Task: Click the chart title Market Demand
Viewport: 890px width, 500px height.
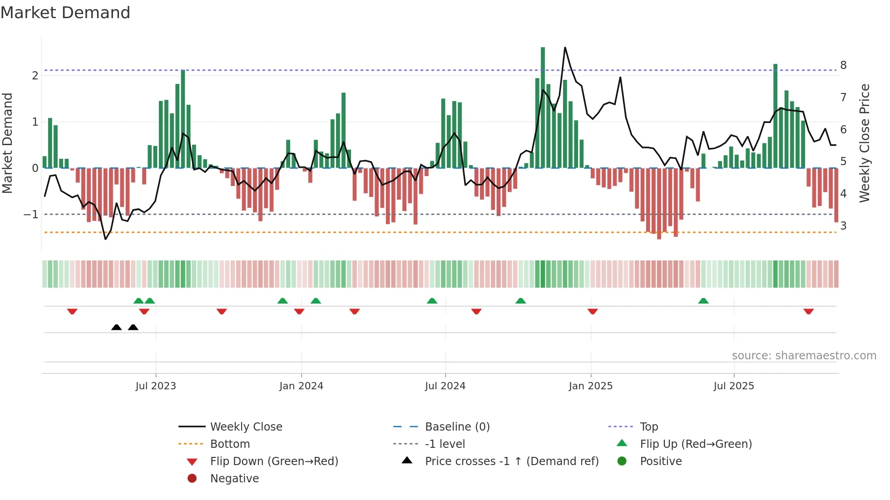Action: click(65, 13)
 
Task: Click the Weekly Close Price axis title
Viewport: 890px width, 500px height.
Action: click(865, 143)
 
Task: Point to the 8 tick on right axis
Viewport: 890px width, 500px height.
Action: click(843, 65)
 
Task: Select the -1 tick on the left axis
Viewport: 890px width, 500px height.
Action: click(31, 214)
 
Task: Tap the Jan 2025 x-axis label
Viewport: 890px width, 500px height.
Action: click(590, 386)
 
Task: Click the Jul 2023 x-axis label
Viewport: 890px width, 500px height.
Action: click(156, 386)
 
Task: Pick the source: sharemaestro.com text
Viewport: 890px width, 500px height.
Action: click(804, 355)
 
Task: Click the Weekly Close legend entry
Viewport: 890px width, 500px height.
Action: click(246, 426)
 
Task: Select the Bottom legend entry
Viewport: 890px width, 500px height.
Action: click(230, 444)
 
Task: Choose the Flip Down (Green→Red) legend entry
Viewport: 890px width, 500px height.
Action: click(274, 461)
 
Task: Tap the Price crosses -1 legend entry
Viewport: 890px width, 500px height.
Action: click(511, 461)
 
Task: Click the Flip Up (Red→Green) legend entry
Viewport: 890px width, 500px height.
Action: click(696, 444)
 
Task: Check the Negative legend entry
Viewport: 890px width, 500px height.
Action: click(234, 478)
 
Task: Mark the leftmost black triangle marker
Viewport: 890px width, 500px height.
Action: click(116, 328)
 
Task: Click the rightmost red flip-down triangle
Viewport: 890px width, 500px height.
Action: click(808, 311)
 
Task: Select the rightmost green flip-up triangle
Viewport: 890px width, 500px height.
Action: click(703, 301)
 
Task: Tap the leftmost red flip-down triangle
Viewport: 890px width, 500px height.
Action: click(72, 311)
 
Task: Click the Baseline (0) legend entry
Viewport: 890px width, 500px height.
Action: click(457, 426)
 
